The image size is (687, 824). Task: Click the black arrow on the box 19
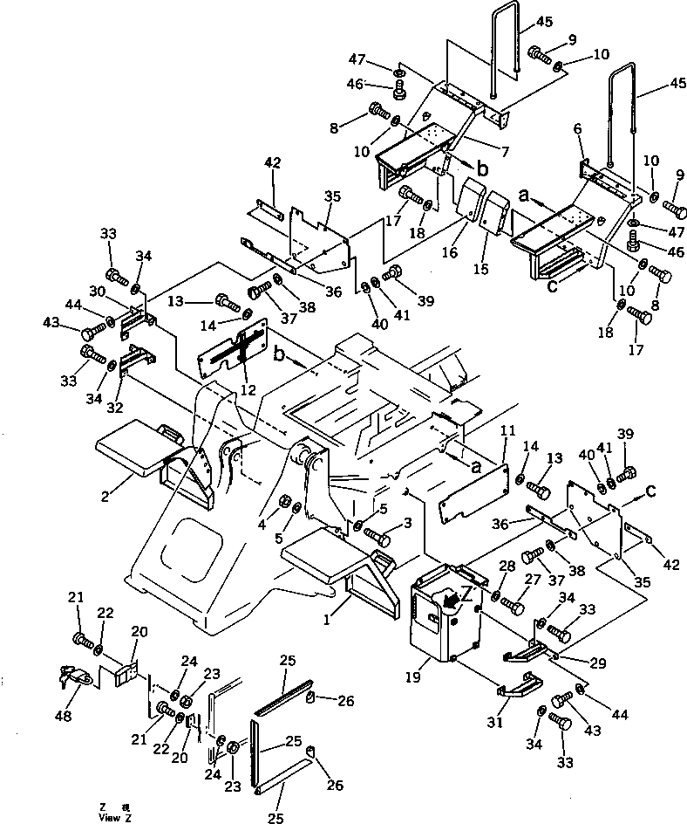tap(448, 599)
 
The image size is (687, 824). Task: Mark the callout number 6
tap(577, 128)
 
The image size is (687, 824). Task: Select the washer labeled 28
tap(495, 596)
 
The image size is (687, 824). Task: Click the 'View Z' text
tap(116, 816)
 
